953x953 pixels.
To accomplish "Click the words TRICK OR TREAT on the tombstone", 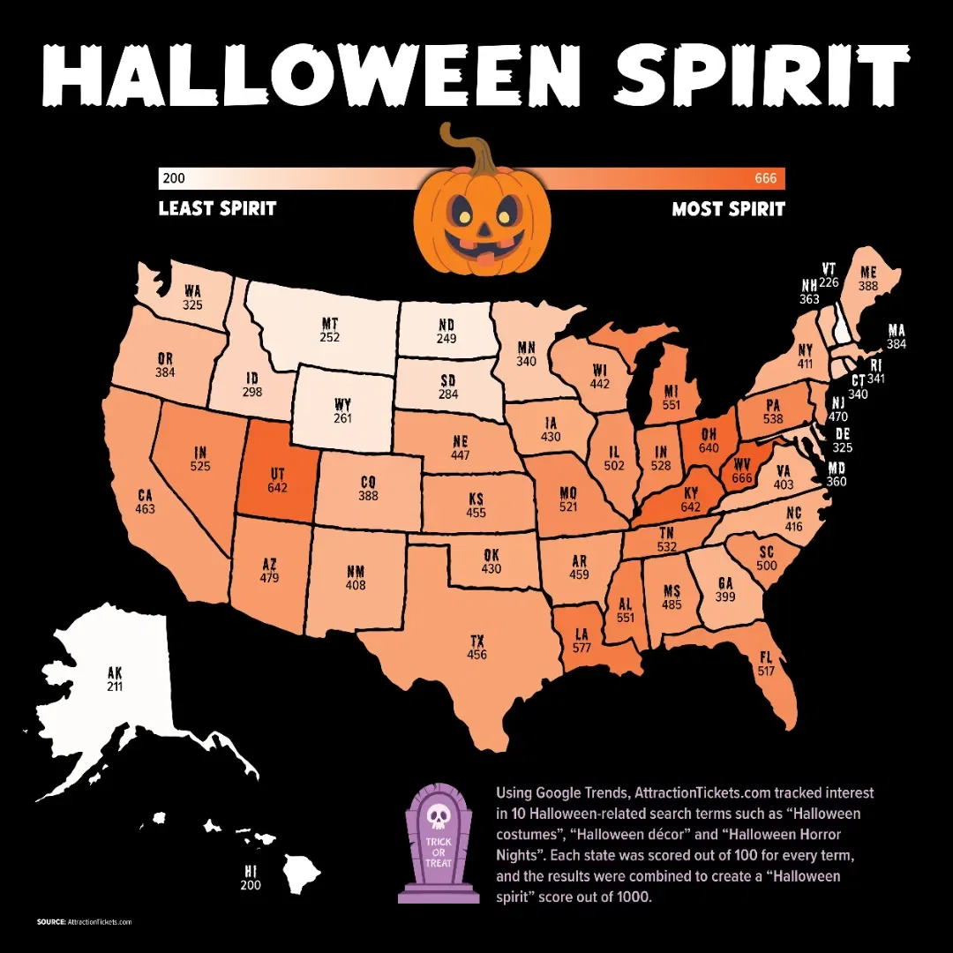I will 439,852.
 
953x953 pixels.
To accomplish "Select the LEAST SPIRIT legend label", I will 217,209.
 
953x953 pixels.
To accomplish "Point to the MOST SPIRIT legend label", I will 728,209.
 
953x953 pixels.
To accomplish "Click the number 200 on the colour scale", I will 174,179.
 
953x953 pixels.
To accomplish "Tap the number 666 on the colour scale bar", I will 765,179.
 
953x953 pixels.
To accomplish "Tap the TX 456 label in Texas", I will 477,647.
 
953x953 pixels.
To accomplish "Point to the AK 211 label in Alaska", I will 114,679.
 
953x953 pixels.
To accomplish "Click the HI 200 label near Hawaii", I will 251,878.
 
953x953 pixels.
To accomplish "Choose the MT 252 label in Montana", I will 330,330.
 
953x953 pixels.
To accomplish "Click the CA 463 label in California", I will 146,502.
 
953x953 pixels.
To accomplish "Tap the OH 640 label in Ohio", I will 708,439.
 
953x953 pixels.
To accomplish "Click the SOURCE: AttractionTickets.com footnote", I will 85,921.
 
